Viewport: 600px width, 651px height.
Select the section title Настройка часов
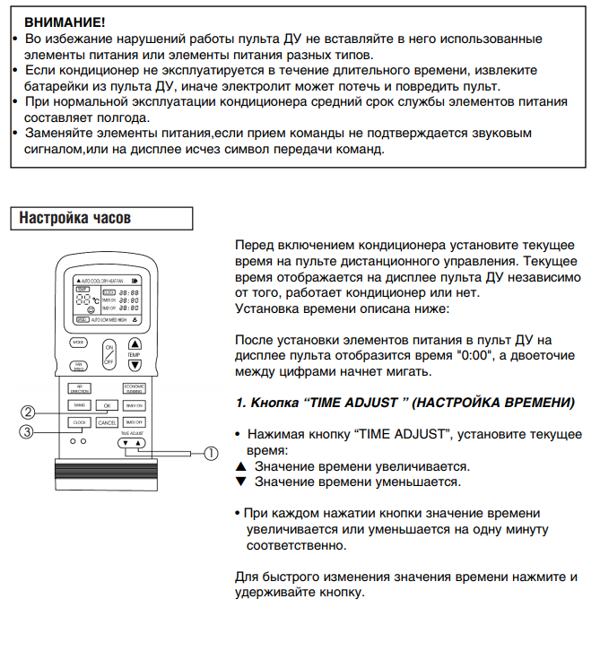(75, 219)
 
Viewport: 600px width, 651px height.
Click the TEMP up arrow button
(135, 343)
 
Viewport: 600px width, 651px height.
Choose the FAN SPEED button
(79, 366)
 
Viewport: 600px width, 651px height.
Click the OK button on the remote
(107, 406)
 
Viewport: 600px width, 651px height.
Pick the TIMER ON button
(135, 406)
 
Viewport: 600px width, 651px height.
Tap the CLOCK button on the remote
(79, 421)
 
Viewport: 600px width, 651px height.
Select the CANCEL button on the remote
(107, 421)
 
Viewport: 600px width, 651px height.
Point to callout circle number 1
(211, 453)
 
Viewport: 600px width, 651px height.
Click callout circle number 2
(29, 412)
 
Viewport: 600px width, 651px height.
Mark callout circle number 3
(29, 431)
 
